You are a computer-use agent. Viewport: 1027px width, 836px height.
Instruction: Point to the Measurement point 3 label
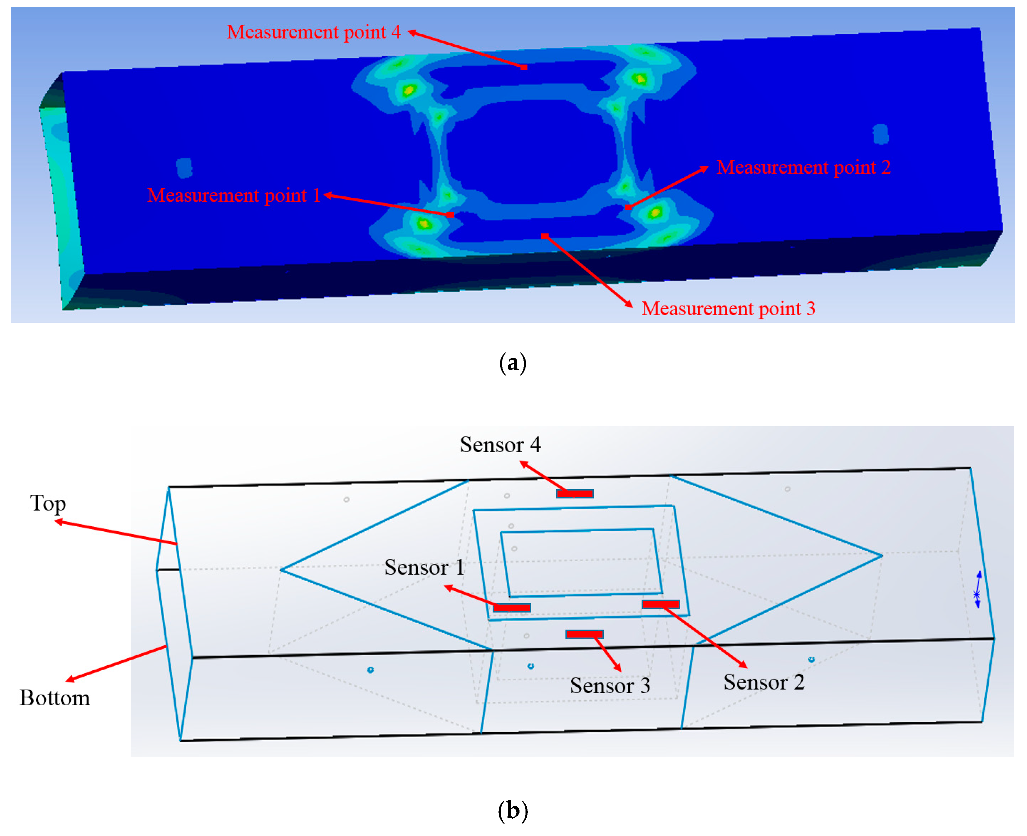[728, 309]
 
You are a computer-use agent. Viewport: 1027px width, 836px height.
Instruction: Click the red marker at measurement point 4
[523, 67]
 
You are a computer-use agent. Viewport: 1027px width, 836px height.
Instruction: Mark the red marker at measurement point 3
[544, 236]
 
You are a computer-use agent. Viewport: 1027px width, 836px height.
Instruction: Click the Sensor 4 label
[500, 445]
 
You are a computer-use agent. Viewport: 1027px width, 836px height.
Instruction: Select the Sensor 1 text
[425, 567]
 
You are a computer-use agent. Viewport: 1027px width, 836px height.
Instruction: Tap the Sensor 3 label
[610, 686]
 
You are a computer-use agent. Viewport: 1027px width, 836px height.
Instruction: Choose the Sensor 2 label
[764, 682]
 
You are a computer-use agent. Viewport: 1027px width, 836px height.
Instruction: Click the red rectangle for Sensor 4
[574, 494]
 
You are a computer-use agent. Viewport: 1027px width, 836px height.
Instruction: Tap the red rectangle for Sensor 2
[661, 604]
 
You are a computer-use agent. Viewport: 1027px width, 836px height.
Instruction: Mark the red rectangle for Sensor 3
[584, 634]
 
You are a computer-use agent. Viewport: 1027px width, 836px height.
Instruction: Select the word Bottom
[54, 698]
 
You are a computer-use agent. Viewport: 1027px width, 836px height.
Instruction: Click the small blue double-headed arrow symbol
[977, 590]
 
